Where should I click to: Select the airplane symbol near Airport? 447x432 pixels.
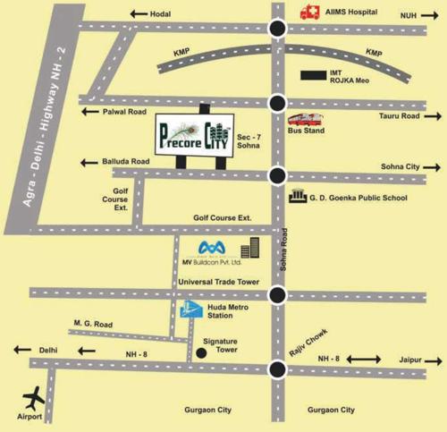click(x=35, y=395)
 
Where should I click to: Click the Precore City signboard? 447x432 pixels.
click(x=195, y=134)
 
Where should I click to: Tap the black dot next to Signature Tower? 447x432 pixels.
click(x=201, y=352)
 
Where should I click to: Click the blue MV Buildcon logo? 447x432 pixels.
click(x=212, y=247)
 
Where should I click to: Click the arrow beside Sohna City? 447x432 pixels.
click(x=429, y=167)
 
